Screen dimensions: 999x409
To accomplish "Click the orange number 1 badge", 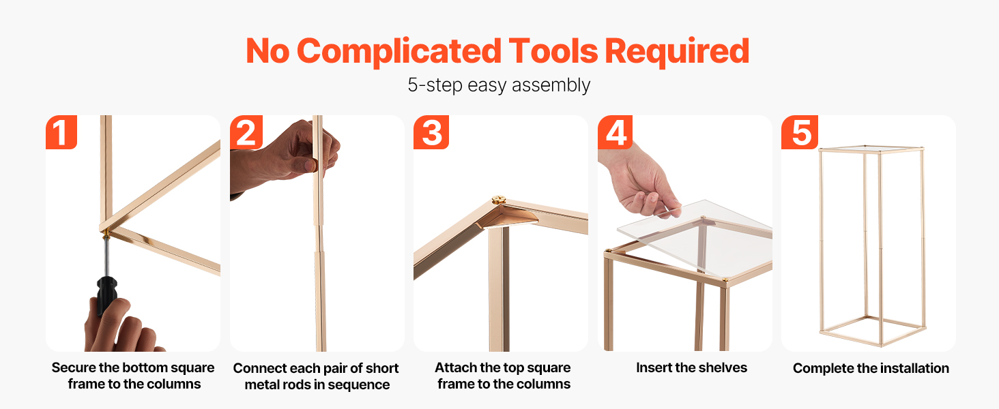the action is (x=61, y=132).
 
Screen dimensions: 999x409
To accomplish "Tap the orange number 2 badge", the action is (x=246, y=132).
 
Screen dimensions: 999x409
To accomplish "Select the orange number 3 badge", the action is (x=431, y=132).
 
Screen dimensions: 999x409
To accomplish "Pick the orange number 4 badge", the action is (x=615, y=132).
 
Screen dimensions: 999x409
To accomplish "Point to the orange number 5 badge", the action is (x=800, y=132).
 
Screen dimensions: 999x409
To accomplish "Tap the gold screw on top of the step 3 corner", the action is (x=498, y=199).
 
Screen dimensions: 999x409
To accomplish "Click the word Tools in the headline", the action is (x=553, y=51).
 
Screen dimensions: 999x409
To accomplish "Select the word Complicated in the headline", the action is (x=399, y=52).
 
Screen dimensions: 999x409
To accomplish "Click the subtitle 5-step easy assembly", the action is (x=499, y=85).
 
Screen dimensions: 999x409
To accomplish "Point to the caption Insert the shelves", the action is (x=691, y=367).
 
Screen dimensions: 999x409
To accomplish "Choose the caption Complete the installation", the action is (x=871, y=368).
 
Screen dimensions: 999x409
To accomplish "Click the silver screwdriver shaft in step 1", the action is (x=106, y=256).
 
